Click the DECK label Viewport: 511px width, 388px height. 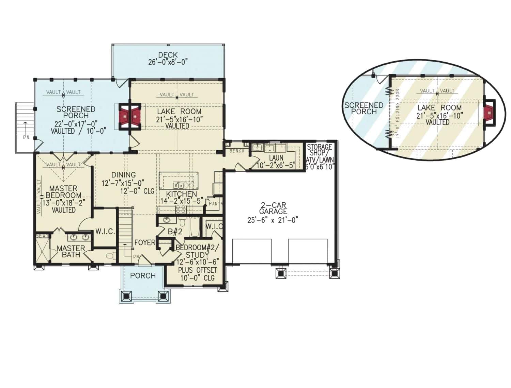168,55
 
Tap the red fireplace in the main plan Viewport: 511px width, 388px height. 129,117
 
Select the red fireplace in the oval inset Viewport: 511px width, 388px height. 490,111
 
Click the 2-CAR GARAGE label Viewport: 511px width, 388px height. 273,208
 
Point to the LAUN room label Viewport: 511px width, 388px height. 276,158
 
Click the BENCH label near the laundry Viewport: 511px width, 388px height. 237,151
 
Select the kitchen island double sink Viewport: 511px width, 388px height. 178,185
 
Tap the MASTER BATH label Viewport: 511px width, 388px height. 71,251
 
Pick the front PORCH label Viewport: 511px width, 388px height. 143,275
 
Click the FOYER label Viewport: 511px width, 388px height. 144,242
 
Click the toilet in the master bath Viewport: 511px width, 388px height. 110,256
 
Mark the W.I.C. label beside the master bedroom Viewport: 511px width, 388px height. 105,232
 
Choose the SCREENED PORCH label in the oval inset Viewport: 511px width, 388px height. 363,108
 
